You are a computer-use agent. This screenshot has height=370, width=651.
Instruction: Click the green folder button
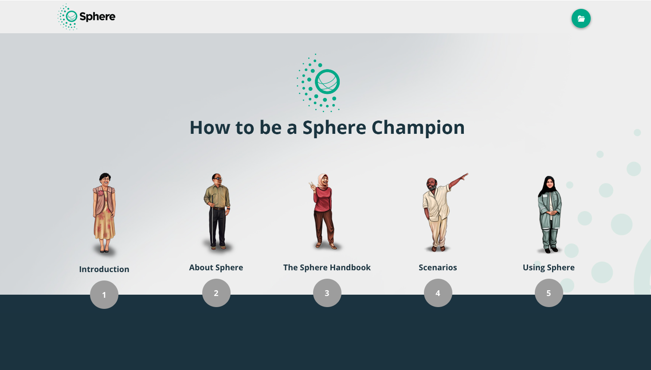581,19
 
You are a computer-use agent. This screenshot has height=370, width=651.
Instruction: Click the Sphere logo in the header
87,17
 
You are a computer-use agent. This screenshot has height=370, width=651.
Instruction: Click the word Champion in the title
418,128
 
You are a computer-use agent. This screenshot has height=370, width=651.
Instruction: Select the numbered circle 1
104,295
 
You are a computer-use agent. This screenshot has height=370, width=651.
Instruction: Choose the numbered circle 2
216,293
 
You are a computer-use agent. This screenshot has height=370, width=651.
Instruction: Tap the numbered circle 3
327,293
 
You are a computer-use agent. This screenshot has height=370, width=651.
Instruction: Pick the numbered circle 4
438,293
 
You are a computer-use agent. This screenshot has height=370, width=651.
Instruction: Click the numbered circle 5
549,293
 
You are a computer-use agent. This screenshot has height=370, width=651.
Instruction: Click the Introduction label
104,269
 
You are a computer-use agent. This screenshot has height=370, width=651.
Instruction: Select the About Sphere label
216,267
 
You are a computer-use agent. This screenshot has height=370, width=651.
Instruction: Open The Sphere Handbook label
327,267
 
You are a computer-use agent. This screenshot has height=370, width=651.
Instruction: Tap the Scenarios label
438,267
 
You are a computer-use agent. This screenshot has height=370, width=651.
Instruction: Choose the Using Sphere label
549,267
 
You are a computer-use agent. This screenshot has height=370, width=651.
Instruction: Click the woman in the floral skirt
104,213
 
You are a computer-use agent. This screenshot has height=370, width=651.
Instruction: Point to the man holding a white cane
217,210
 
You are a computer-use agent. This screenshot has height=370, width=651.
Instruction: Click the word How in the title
209,128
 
